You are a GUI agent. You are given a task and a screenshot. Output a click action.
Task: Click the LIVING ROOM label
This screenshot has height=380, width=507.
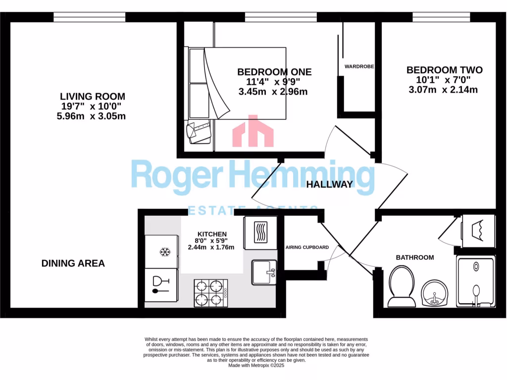point(93,96)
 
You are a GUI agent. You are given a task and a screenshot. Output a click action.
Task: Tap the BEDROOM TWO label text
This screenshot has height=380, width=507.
point(444,70)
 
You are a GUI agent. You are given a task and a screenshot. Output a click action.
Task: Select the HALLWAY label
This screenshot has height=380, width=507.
point(329,185)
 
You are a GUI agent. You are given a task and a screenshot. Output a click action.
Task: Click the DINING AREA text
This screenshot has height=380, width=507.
point(73,263)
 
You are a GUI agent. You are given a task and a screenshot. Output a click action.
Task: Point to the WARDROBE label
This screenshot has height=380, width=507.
point(359,66)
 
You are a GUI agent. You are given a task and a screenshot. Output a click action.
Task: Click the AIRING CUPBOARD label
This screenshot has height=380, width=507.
point(307,247)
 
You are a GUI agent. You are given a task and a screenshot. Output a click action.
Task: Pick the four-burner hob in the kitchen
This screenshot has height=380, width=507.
point(210,293)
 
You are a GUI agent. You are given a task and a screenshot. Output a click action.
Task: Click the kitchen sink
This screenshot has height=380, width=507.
point(264,272)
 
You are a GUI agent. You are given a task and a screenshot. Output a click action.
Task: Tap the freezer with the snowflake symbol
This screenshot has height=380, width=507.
point(161,252)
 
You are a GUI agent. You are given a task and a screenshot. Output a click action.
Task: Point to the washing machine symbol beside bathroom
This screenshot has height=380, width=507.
point(478,230)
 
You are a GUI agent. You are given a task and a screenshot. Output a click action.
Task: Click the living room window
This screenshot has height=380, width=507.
point(90,17)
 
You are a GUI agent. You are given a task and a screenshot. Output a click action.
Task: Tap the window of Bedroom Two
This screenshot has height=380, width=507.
point(441,17)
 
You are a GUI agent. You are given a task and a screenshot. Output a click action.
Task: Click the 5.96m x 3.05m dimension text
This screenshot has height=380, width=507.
point(91,116)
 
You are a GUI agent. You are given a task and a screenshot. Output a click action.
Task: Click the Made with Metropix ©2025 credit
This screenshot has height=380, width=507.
point(256,365)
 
